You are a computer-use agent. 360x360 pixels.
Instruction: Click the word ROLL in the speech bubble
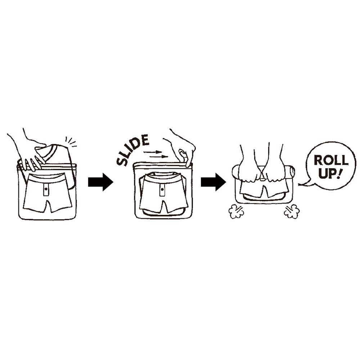[331, 160]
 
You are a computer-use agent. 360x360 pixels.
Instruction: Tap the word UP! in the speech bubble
[330, 173]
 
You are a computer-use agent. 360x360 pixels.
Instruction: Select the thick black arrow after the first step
[100, 182]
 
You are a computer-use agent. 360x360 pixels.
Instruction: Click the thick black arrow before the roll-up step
[213, 182]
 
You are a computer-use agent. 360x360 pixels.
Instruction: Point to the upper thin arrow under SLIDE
[153, 152]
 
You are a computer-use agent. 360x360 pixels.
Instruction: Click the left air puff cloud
[236, 211]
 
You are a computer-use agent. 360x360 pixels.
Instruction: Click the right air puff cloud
[292, 211]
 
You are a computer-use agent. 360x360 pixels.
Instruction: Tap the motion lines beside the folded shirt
[71, 141]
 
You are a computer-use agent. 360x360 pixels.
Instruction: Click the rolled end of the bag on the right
[290, 172]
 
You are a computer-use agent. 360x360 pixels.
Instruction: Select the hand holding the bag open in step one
[26, 152]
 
